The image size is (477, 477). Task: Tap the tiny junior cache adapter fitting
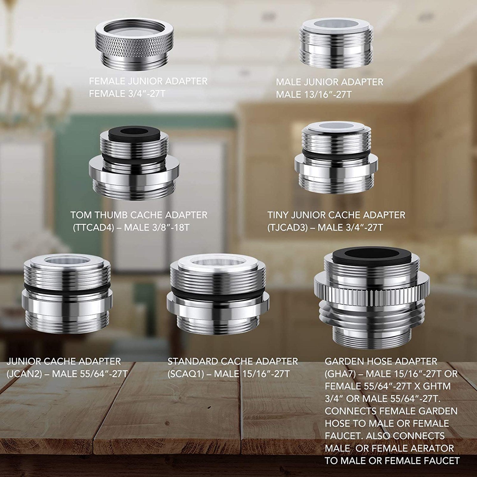[336, 157]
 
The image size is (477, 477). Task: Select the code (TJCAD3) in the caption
[287, 228]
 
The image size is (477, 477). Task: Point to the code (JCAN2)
[24, 374]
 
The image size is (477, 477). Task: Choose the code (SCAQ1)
[186, 374]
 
